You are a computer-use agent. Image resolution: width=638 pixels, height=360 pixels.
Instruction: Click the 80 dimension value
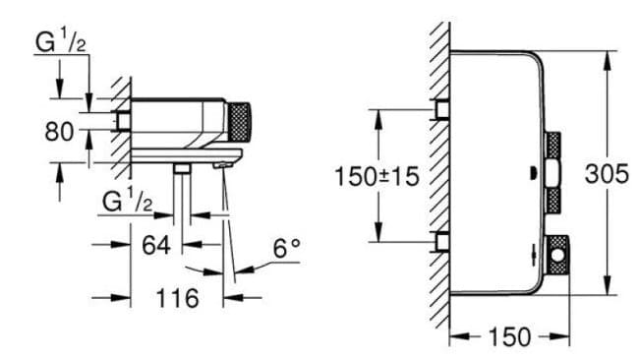(x=58, y=130)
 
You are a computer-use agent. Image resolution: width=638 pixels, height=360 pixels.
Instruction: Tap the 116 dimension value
(x=178, y=296)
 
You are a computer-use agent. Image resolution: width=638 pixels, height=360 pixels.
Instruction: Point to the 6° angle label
(x=285, y=249)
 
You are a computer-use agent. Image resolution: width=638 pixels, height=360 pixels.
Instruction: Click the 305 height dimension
(x=608, y=174)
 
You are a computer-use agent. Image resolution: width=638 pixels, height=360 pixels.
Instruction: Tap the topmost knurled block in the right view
(x=553, y=149)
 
